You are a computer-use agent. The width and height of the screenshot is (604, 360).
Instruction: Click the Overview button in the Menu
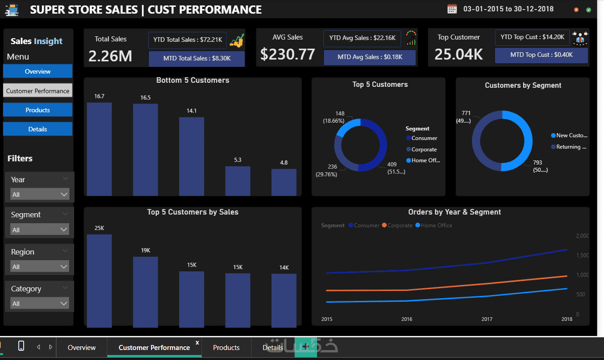[x=38, y=71]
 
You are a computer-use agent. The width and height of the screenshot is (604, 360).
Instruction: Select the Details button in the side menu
[x=38, y=129]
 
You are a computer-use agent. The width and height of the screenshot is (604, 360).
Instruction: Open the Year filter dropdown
[x=40, y=195]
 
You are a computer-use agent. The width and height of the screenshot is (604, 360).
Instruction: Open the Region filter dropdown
[x=40, y=267]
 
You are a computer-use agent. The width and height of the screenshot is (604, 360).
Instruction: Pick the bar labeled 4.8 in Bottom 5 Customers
[x=284, y=182]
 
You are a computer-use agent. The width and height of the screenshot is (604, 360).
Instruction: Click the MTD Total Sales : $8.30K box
[x=196, y=59]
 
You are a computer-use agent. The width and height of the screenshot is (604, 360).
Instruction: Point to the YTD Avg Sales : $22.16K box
[x=362, y=38]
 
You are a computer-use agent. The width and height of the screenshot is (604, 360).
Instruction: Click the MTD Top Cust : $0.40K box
[x=541, y=55]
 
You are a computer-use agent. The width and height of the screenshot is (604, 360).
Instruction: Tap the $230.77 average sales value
[x=288, y=55]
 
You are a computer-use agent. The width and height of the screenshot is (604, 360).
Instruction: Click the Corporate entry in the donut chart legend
[x=423, y=150]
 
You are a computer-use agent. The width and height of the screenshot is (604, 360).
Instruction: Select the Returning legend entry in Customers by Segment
[x=569, y=147]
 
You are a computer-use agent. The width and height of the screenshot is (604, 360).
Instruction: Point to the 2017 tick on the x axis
[x=487, y=319]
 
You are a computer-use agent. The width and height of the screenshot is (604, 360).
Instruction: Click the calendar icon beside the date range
[x=452, y=9]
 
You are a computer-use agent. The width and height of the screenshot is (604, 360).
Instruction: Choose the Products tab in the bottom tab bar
[x=226, y=348]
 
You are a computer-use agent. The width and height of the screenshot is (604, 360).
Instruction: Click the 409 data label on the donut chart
[x=393, y=165]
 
